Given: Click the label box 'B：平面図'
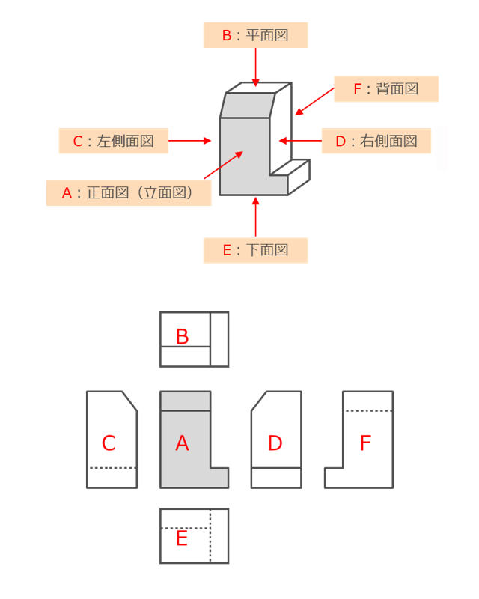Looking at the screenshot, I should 255,35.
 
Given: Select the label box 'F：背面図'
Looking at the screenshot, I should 385,89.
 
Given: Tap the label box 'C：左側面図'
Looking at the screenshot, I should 113,140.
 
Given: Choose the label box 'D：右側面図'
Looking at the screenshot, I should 376,140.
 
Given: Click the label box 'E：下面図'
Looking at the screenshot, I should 255,250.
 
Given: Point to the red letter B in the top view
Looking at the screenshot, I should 182,337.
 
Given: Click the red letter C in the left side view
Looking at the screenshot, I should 109,443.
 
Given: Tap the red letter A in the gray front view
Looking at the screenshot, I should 182,443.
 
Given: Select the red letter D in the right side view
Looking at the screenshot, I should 275,443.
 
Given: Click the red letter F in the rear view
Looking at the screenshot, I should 365,443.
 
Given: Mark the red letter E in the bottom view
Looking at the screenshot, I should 182,538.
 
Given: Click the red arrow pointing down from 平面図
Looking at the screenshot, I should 256,67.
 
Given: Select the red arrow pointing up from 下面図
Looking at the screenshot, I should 256,217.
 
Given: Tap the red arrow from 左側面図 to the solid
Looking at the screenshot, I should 191,140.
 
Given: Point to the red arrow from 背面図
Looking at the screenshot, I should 314,102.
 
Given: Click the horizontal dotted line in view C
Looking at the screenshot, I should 112,468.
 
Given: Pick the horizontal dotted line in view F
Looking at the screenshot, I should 367,411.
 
